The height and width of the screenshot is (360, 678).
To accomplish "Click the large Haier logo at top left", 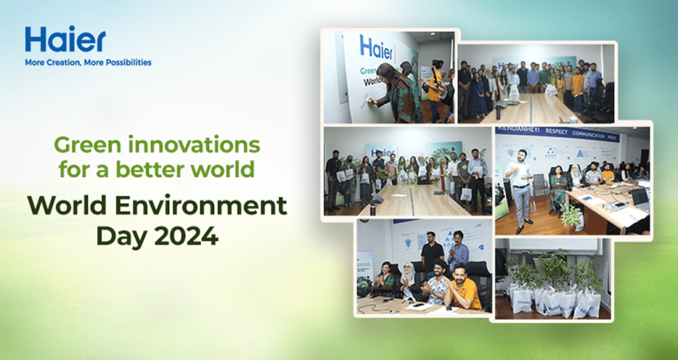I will [x=65, y=40].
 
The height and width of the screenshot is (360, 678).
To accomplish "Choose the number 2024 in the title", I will [x=192, y=235].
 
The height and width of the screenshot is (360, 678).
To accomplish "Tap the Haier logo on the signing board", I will [x=376, y=48].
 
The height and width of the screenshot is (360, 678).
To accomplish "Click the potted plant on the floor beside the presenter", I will [x=569, y=216].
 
